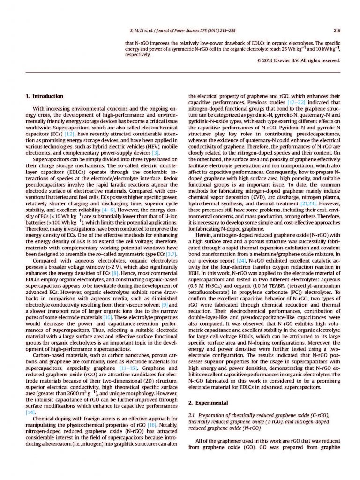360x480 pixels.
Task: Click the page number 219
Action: (336, 31)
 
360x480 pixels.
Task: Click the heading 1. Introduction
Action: (45, 96)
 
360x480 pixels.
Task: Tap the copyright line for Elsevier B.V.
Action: (298, 60)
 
